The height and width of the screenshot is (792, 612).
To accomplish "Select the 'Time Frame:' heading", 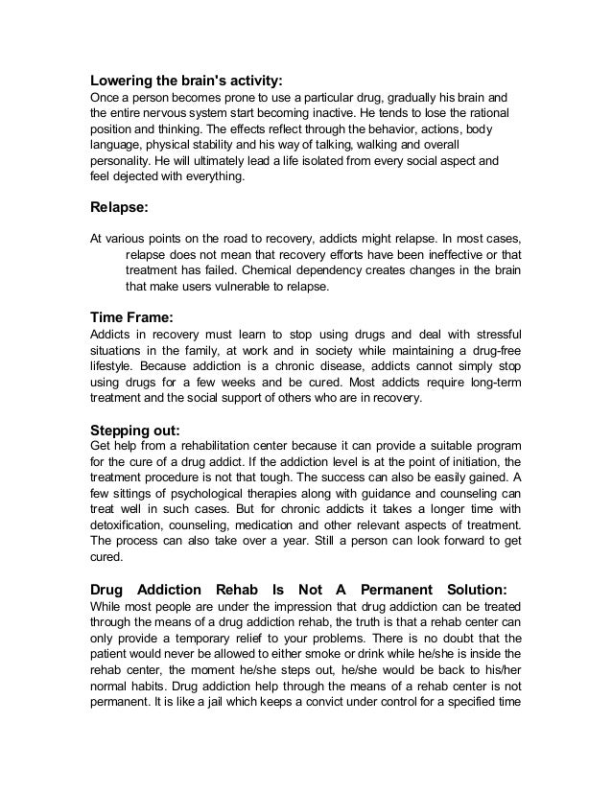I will [131, 314].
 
